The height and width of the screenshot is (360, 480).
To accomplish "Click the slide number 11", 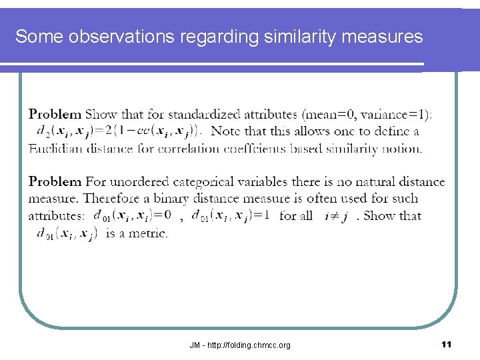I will pyautogui.click(x=447, y=344).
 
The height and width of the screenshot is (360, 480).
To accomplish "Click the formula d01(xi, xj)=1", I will pyautogui.click(x=230, y=215).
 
